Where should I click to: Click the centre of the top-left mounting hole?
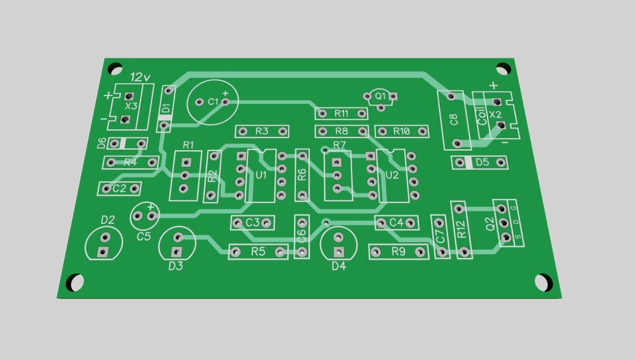click(x=115, y=69)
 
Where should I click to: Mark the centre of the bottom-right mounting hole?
click(x=543, y=283)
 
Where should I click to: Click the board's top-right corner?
click(x=514, y=59)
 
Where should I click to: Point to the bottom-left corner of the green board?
click(x=57, y=298)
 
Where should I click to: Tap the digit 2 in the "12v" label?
click(x=139, y=77)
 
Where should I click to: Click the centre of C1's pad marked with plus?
click(x=225, y=102)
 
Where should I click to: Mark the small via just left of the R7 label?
click(x=325, y=150)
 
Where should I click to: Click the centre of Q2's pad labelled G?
click(x=502, y=209)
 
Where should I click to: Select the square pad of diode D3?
click(x=177, y=252)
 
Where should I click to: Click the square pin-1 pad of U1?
click(x=241, y=156)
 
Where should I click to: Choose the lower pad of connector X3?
click(x=125, y=119)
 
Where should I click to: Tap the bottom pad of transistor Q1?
click(x=381, y=108)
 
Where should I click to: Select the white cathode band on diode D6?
click(x=122, y=144)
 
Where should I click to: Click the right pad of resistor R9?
click(x=420, y=252)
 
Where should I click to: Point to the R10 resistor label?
click(x=401, y=131)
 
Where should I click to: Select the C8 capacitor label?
click(x=454, y=119)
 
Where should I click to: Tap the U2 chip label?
click(x=392, y=175)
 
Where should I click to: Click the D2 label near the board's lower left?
click(x=108, y=219)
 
